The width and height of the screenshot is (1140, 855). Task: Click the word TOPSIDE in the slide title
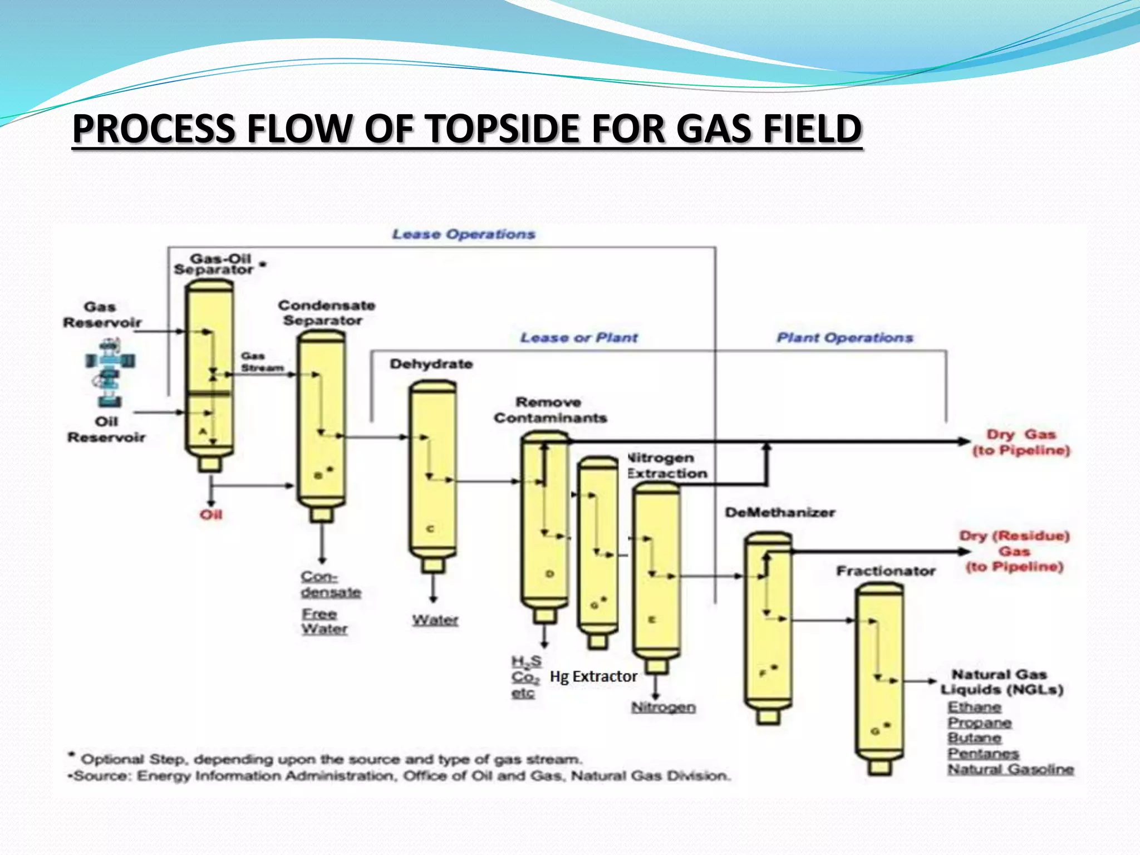click(x=504, y=129)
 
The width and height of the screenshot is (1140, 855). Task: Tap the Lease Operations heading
click(x=464, y=234)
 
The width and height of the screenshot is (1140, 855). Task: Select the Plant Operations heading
click(x=845, y=338)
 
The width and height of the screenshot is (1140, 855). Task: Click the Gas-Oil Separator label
click(x=214, y=264)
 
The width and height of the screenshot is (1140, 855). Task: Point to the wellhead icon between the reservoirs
click(x=110, y=373)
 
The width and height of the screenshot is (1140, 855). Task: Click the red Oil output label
click(x=211, y=515)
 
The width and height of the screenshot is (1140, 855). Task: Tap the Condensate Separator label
click(x=326, y=313)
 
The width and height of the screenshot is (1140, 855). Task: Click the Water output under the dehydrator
click(x=435, y=620)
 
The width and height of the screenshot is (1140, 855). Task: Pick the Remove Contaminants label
click(x=550, y=410)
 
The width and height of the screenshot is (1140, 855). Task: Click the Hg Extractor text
click(x=593, y=677)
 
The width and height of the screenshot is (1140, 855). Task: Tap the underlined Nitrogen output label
click(x=664, y=707)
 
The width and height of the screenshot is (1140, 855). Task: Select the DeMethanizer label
click(x=780, y=513)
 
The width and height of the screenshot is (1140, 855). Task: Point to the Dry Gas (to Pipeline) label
click(x=1021, y=443)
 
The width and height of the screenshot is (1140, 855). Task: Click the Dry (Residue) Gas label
click(x=1014, y=551)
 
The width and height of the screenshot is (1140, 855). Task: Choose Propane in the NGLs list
click(x=980, y=723)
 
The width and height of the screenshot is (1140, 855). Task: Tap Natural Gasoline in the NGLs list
click(x=1011, y=770)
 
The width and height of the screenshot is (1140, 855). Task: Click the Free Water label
click(x=324, y=621)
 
